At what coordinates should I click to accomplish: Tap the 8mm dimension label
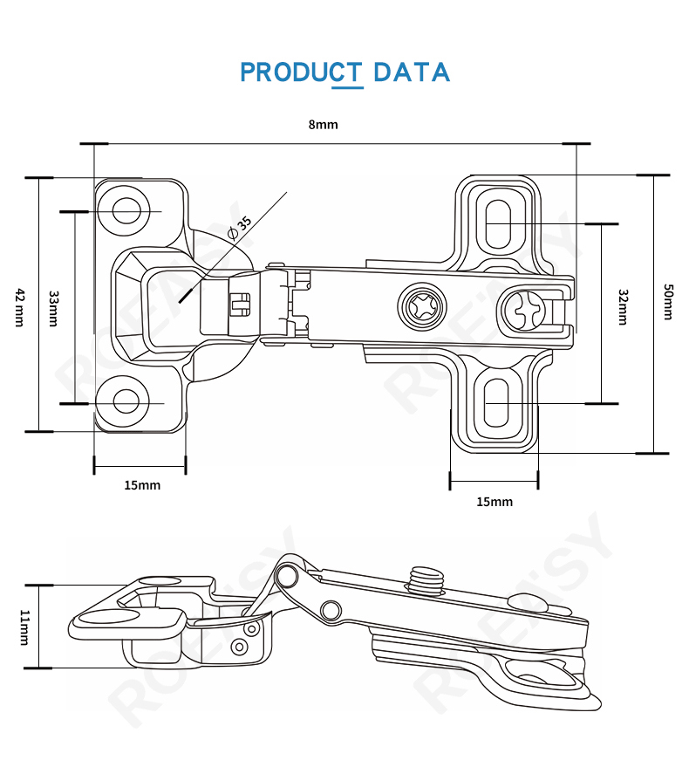[323, 124]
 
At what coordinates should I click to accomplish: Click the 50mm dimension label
[668, 302]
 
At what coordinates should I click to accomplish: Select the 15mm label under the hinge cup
[142, 485]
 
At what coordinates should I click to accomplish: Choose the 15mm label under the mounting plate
[495, 501]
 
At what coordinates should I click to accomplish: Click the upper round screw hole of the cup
[127, 210]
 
